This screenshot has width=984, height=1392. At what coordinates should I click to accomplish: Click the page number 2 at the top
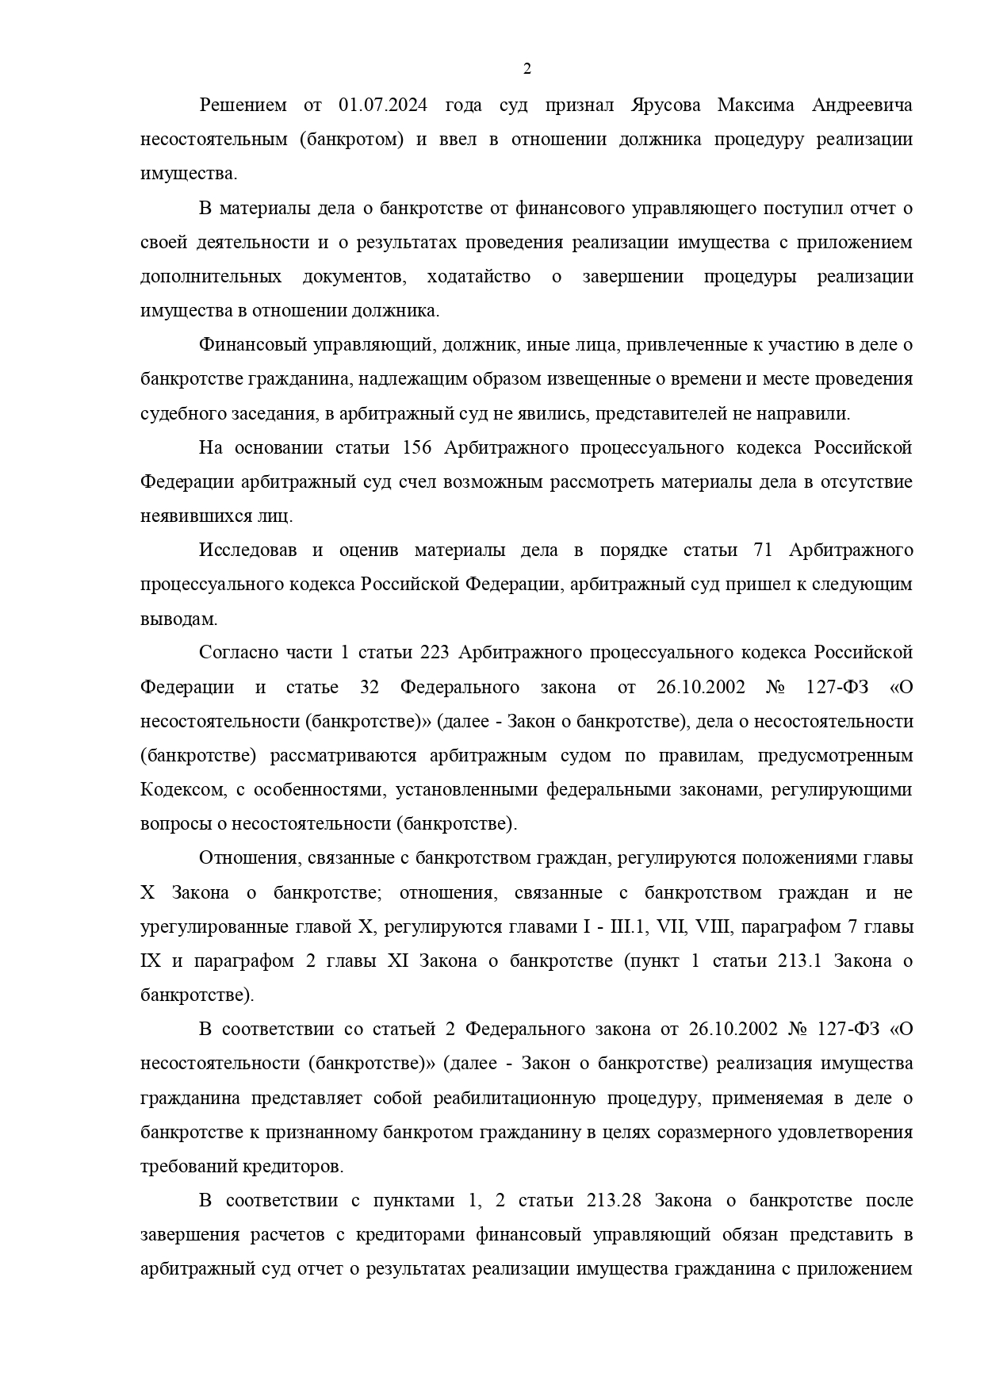coord(527,69)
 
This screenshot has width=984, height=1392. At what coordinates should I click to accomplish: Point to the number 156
coord(417,448)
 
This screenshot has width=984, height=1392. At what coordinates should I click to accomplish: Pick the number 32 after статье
coord(369,688)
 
